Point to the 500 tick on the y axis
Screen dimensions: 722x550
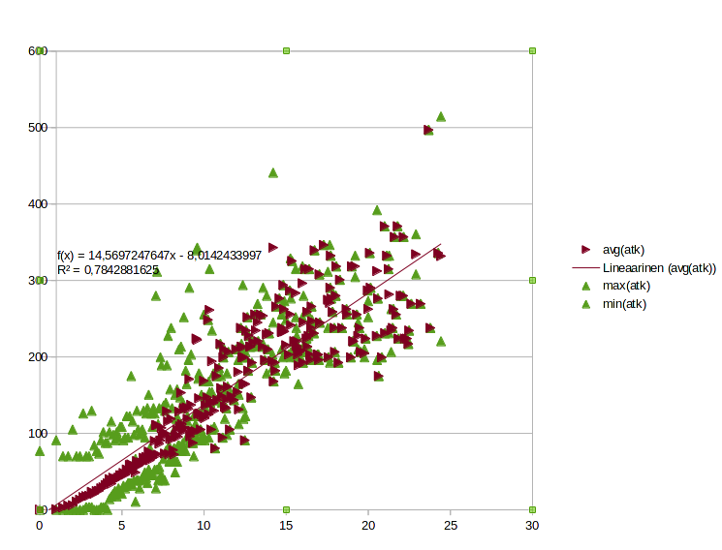(38, 128)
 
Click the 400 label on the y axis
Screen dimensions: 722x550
(38, 204)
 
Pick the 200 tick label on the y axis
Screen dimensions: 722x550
(38, 356)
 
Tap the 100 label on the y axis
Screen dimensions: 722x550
(38, 434)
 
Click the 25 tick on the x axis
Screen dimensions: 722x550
(451, 525)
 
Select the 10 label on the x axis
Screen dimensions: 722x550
(204, 525)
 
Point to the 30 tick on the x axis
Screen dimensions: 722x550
(532, 525)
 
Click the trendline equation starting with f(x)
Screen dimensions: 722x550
(159, 255)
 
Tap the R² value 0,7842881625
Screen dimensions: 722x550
(121, 270)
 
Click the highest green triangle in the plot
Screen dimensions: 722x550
(441, 117)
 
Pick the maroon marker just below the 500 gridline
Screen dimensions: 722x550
(428, 131)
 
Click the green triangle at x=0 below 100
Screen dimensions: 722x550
(40, 451)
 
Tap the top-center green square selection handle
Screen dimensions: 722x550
(286, 50)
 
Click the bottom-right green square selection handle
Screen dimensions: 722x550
(532, 509)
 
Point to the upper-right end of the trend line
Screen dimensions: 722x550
(441, 244)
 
